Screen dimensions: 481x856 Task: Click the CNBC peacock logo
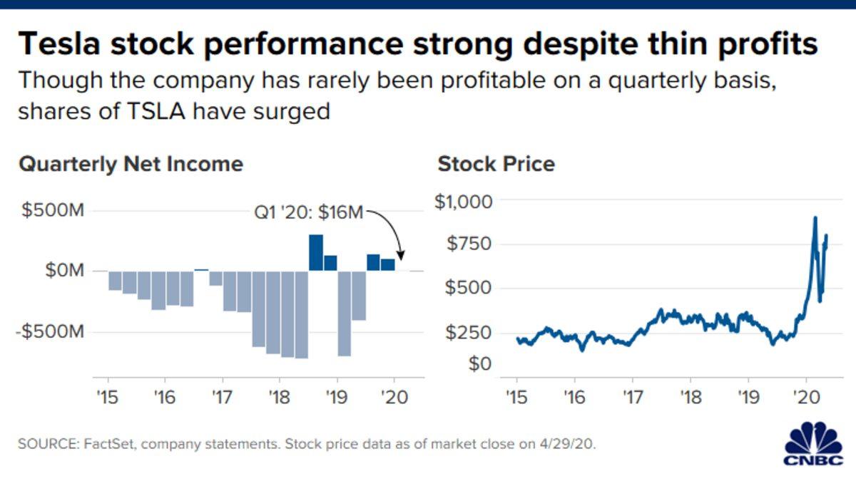click(813, 445)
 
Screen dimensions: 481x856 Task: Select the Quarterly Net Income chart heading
click(131, 165)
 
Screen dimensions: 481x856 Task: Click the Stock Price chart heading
click(496, 165)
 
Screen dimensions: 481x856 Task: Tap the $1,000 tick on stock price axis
click(464, 202)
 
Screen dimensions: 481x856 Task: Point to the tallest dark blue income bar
click(316, 252)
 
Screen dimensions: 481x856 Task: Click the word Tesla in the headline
click(61, 44)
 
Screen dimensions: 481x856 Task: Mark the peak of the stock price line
click(815, 217)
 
